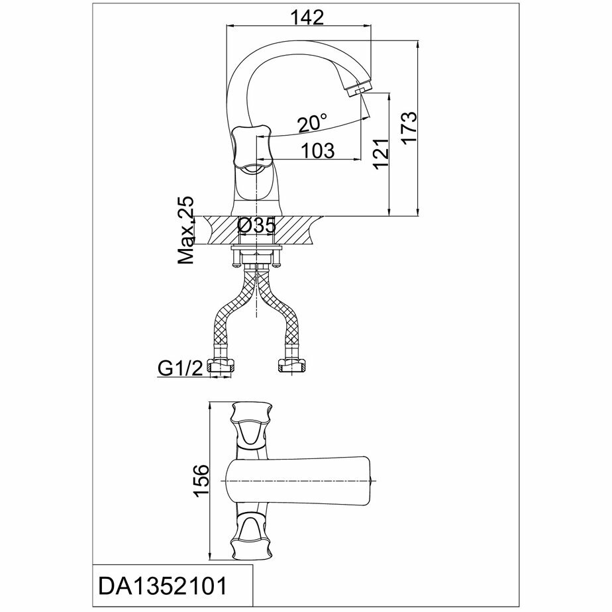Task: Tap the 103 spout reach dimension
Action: pyautogui.click(x=317, y=151)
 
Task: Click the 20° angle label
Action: pyautogui.click(x=312, y=123)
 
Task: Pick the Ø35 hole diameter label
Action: pyautogui.click(x=256, y=226)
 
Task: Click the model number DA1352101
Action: pyautogui.click(x=163, y=586)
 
